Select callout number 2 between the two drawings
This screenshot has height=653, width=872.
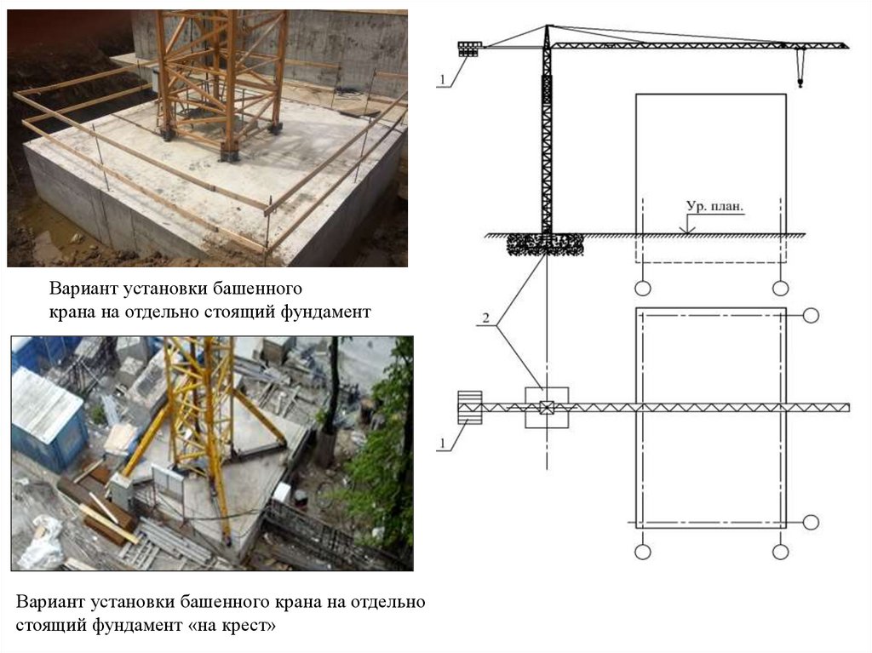pos(485,319)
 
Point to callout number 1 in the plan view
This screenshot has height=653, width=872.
pos(441,443)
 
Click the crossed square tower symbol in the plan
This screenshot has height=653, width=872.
pos(546,408)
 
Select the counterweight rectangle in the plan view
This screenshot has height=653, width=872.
pos(470,407)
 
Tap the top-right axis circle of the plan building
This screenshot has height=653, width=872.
pos(811,316)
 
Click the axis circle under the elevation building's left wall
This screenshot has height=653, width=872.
pos(642,284)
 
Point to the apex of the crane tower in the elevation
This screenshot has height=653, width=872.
pos(545,27)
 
